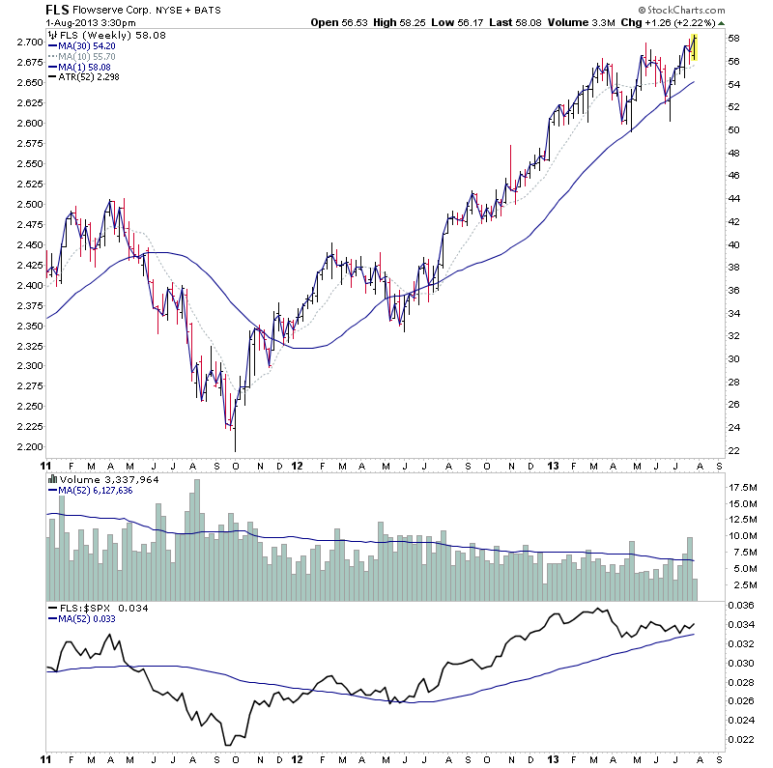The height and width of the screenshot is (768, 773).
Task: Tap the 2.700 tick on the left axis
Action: tap(29, 43)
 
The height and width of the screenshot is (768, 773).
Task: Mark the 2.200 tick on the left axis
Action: tap(29, 447)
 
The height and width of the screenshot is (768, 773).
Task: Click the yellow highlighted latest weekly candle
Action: tap(694, 47)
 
